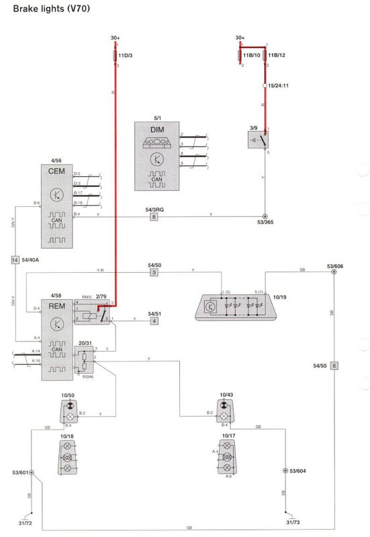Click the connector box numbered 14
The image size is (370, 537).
click(15, 259)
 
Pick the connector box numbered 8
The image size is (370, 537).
click(154, 217)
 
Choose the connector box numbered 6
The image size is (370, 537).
click(334, 366)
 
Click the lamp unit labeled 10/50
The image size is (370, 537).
click(68, 414)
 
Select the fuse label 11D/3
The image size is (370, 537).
click(126, 55)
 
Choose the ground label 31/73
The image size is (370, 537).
click(293, 522)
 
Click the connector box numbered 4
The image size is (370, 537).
click(154, 322)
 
